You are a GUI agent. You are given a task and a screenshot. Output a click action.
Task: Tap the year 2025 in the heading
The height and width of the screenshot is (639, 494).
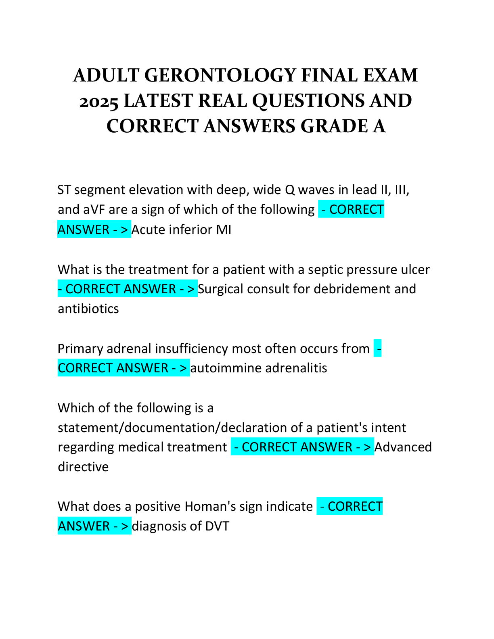(x=99, y=101)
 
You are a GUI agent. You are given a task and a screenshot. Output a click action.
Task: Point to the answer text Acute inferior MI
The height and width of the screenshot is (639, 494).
(x=181, y=230)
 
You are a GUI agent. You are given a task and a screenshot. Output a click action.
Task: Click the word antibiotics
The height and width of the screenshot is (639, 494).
(x=88, y=309)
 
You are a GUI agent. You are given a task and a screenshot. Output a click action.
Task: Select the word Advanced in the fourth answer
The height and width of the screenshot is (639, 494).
(x=403, y=447)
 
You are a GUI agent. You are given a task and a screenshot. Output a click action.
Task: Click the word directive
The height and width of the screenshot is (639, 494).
(x=83, y=467)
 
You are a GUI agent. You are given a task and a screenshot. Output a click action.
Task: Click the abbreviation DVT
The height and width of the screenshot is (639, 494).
(x=217, y=526)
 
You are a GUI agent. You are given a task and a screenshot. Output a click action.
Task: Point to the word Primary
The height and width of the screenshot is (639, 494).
(x=80, y=349)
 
